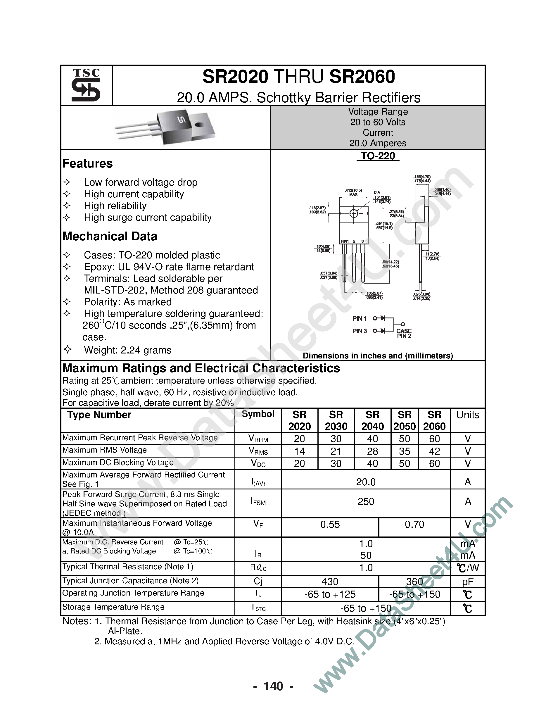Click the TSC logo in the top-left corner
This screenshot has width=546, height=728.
[86, 85]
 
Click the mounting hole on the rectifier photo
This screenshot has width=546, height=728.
[199, 125]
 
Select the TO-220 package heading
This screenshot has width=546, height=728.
[378, 156]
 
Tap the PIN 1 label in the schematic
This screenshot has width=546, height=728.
[360, 319]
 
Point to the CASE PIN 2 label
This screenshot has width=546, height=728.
[404, 333]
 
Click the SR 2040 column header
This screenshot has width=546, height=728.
[372, 420]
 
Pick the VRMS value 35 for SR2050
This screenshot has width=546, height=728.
[405, 451]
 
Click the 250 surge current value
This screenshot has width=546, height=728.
[366, 502]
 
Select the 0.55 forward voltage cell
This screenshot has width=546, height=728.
[330, 525]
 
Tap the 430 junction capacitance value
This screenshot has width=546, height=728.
[330, 582]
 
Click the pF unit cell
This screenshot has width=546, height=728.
[467, 582]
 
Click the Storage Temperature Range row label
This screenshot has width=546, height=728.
[113, 607]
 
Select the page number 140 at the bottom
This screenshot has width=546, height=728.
[273, 686]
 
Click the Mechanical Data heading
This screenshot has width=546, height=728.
[110, 236]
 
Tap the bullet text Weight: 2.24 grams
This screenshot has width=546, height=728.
[128, 350]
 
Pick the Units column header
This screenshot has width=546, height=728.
[467, 415]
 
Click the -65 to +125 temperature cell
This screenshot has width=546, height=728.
[330, 594]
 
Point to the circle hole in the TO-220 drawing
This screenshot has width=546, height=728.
[353, 214]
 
